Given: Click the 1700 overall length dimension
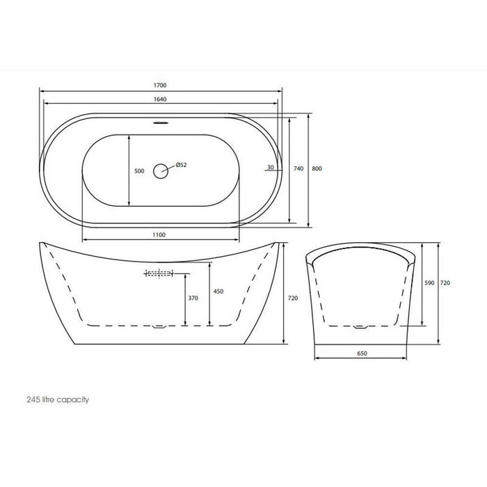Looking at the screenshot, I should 161,85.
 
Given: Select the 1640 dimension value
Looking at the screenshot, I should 161,99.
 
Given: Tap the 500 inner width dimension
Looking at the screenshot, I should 138,170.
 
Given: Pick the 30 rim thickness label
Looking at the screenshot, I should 270,168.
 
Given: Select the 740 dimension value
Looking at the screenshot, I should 298,168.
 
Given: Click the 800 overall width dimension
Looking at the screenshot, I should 317,168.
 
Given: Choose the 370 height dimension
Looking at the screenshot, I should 193,298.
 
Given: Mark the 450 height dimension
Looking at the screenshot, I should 218,292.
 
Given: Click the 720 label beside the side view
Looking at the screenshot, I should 293,298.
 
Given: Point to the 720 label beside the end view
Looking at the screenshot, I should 445,283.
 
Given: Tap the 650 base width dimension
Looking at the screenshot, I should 362,353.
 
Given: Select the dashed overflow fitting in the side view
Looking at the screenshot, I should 158,273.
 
